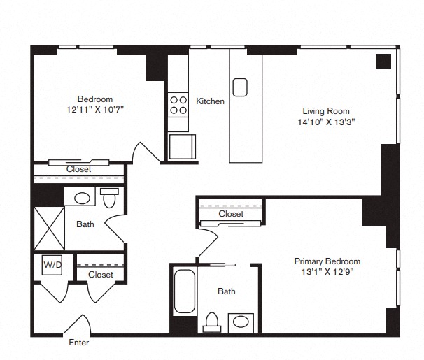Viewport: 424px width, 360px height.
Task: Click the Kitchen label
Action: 210,101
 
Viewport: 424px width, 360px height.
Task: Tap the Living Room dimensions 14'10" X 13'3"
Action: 326,122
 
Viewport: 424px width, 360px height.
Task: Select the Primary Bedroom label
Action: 327,261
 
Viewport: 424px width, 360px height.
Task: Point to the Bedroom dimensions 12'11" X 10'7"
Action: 95,109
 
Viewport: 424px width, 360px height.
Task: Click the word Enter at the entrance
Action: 78,343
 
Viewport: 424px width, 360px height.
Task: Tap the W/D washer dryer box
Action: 52,265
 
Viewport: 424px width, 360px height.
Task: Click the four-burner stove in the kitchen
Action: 178,105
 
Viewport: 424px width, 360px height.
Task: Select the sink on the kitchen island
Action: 240,87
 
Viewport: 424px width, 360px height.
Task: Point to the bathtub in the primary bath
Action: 185,291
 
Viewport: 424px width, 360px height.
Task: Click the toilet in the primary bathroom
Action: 212,322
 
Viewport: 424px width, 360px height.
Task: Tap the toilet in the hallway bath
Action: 110,198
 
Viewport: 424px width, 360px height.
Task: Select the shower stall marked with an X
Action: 50,228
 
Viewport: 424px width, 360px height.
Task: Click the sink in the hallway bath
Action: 82,199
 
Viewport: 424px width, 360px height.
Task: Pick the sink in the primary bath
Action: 241,322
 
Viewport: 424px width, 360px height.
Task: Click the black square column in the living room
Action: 383,62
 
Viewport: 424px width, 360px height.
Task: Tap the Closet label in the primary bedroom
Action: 231,214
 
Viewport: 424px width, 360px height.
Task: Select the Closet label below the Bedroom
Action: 78,169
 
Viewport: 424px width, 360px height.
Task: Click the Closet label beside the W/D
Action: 101,275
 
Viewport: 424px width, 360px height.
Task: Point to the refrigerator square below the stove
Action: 182,147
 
